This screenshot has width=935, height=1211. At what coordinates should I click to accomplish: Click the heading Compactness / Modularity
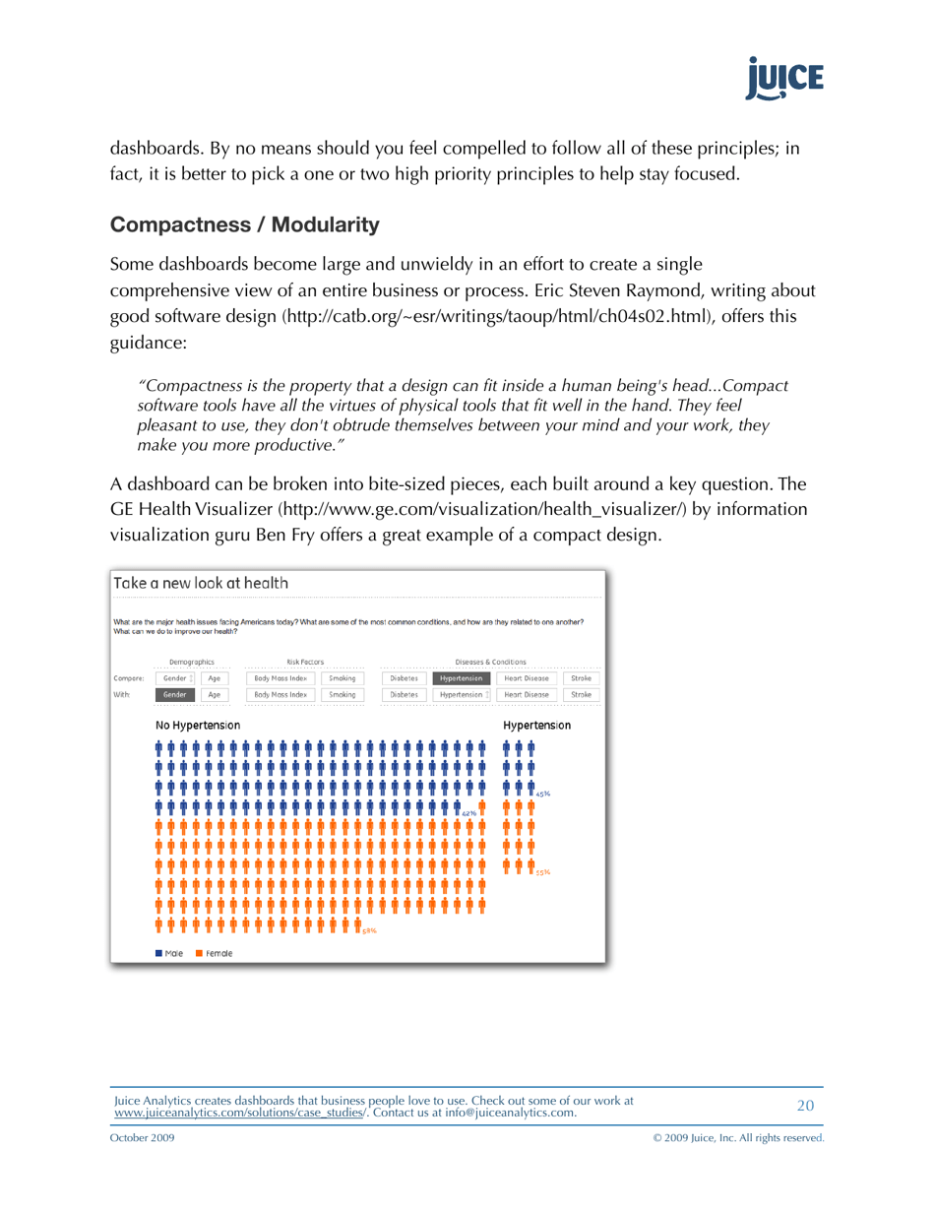244,224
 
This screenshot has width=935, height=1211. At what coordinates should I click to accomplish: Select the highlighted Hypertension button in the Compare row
462,678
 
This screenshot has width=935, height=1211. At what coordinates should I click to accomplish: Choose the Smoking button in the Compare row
342,678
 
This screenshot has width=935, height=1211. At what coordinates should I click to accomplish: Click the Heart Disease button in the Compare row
526,678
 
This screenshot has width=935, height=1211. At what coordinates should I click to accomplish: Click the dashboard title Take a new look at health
201,583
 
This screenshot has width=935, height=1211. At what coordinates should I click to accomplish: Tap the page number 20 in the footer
805,1106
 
